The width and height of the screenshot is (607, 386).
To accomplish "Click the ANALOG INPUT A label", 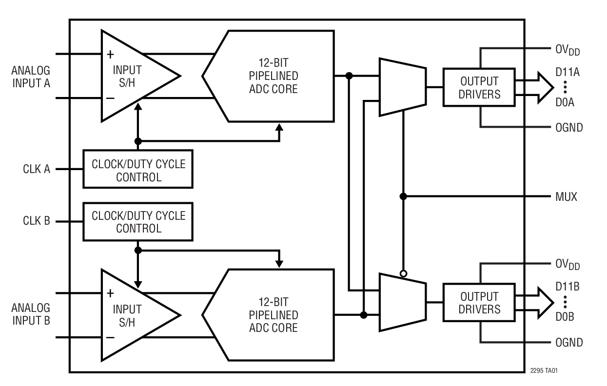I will tap(30, 77).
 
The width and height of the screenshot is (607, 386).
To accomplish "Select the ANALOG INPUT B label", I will tap(30, 314).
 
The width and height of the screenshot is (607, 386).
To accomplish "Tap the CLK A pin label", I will tap(37, 169).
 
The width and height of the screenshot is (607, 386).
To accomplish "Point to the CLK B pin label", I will tap(37, 221).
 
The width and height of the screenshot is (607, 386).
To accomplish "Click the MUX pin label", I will tap(566, 197).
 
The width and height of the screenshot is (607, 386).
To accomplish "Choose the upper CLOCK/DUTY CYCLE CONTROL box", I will tap(138, 169).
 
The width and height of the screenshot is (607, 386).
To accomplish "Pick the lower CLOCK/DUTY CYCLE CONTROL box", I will tap(138, 221).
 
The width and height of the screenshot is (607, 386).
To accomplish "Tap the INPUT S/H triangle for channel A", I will tap(132, 76).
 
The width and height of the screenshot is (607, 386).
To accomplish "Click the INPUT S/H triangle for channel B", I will tap(132, 314).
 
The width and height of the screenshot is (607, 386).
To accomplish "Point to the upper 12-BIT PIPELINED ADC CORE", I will tap(273, 76).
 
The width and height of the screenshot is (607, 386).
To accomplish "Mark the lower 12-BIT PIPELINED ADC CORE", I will tap(273, 314).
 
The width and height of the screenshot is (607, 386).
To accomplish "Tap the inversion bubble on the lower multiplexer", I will tap(403, 274).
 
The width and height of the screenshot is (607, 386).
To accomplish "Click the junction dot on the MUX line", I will tap(403, 196).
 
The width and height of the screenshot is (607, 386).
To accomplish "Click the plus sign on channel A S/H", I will tap(111, 54).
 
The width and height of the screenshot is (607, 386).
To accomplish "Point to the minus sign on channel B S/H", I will tap(111, 337).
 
